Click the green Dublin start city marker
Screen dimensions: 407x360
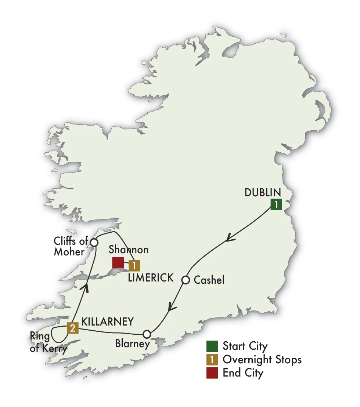(x=276, y=204)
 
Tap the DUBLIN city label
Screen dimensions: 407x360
(x=263, y=192)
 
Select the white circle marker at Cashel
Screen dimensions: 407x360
(x=186, y=280)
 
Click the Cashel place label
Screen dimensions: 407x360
(x=209, y=280)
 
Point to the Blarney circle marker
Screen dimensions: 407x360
(x=147, y=334)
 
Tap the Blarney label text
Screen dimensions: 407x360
(x=132, y=344)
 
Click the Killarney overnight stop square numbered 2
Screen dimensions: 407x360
(x=73, y=328)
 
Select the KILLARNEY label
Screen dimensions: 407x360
(x=107, y=322)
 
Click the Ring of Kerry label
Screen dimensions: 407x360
(x=48, y=342)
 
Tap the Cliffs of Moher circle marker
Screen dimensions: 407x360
(x=94, y=243)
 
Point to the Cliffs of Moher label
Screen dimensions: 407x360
(x=71, y=247)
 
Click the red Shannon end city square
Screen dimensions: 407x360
(x=118, y=262)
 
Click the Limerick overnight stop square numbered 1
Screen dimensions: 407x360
(x=134, y=265)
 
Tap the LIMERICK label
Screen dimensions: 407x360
(x=151, y=278)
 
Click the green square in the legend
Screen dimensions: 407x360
(x=212, y=346)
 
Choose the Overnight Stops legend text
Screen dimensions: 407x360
(x=262, y=359)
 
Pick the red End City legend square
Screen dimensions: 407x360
(x=212, y=373)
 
